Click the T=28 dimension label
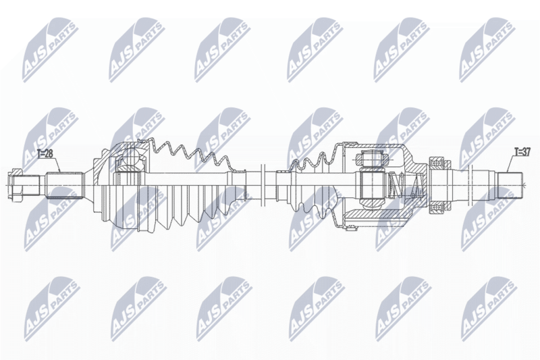[x=45, y=153]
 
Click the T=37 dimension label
[x=522, y=151]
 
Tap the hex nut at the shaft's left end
[x=15, y=185]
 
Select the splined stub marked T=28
[x=65, y=185]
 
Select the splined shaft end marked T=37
[x=511, y=185]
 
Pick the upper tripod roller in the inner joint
[x=372, y=159]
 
